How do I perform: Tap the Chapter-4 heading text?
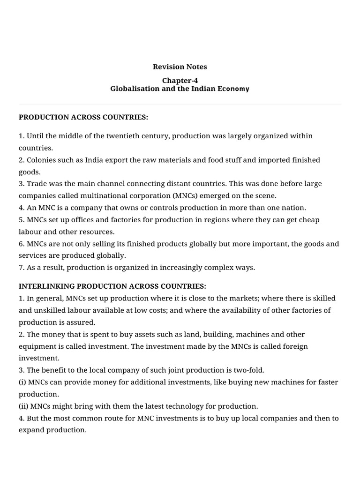click(180, 81)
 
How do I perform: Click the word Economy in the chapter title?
click(233, 89)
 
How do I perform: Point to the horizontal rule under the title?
click(180, 104)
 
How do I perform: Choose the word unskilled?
click(51, 310)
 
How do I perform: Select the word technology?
click(171, 406)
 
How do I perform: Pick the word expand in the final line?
click(31, 430)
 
